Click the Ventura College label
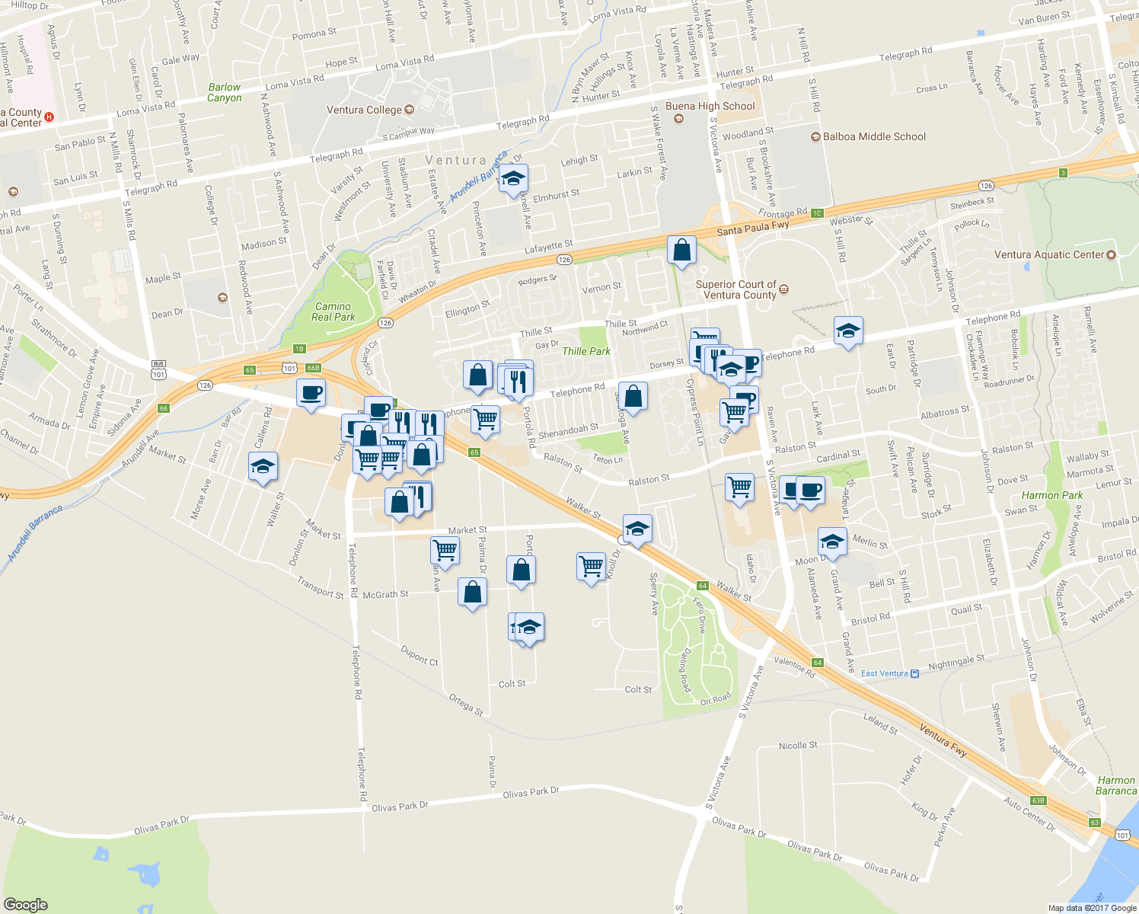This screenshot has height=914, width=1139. (x=364, y=110)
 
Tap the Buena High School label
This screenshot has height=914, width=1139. (x=710, y=107)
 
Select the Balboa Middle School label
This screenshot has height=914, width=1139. (x=874, y=137)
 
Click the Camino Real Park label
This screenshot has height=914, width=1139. (x=333, y=312)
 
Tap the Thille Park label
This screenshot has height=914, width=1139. (x=586, y=351)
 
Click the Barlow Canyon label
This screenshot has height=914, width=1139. (x=224, y=93)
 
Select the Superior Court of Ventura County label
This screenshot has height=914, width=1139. (x=735, y=289)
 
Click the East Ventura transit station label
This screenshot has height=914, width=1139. (x=885, y=673)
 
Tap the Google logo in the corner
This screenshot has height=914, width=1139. (x=26, y=904)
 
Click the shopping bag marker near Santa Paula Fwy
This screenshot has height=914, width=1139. (x=681, y=250)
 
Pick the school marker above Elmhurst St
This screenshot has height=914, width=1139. (x=513, y=180)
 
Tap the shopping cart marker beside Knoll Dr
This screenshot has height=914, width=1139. (x=591, y=567)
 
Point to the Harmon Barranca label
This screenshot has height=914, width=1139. (x=1115, y=785)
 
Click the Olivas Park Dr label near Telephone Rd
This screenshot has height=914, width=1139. (x=400, y=806)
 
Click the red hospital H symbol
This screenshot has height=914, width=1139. (x=49, y=117)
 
